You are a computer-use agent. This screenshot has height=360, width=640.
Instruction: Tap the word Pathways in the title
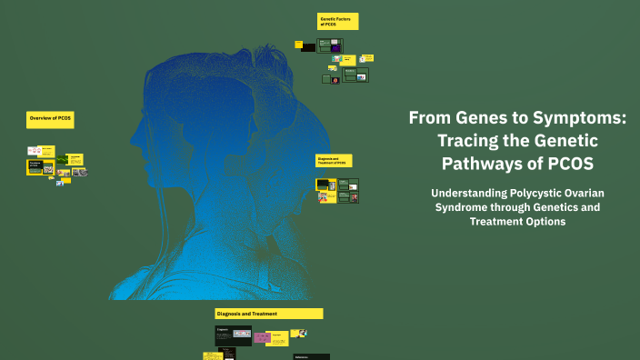[483, 164]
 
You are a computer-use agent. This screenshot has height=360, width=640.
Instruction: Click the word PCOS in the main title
[568, 164]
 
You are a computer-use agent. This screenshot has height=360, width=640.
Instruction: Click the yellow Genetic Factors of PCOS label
[337, 21]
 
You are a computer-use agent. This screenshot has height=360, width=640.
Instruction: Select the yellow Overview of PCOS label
[50, 119]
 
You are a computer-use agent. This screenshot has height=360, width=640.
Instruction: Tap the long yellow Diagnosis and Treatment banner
[269, 314]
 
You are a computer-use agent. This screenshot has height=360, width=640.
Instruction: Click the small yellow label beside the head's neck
[334, 160]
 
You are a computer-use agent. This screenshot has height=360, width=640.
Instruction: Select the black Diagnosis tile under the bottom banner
[233, 335]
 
